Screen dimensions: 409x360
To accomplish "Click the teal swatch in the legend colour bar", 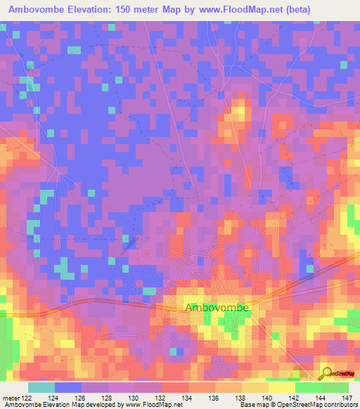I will (x=41, y=387).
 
